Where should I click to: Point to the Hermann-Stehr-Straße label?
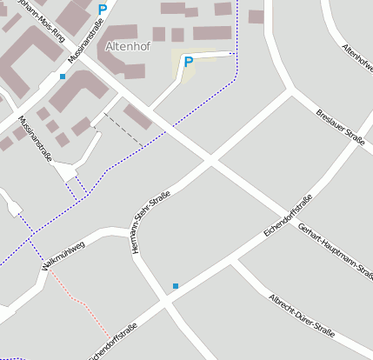coord(149,222)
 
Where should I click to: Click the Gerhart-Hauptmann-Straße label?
coord(336,252)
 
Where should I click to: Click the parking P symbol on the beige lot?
coord(188,62)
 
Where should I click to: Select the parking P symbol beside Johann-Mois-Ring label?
coord(102,10)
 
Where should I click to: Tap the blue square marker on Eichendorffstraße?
coord(175,285)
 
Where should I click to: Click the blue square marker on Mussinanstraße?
coord(63,77)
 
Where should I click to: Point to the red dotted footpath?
coord(78,301)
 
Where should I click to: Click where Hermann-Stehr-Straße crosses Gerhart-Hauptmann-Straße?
coord(209,160)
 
